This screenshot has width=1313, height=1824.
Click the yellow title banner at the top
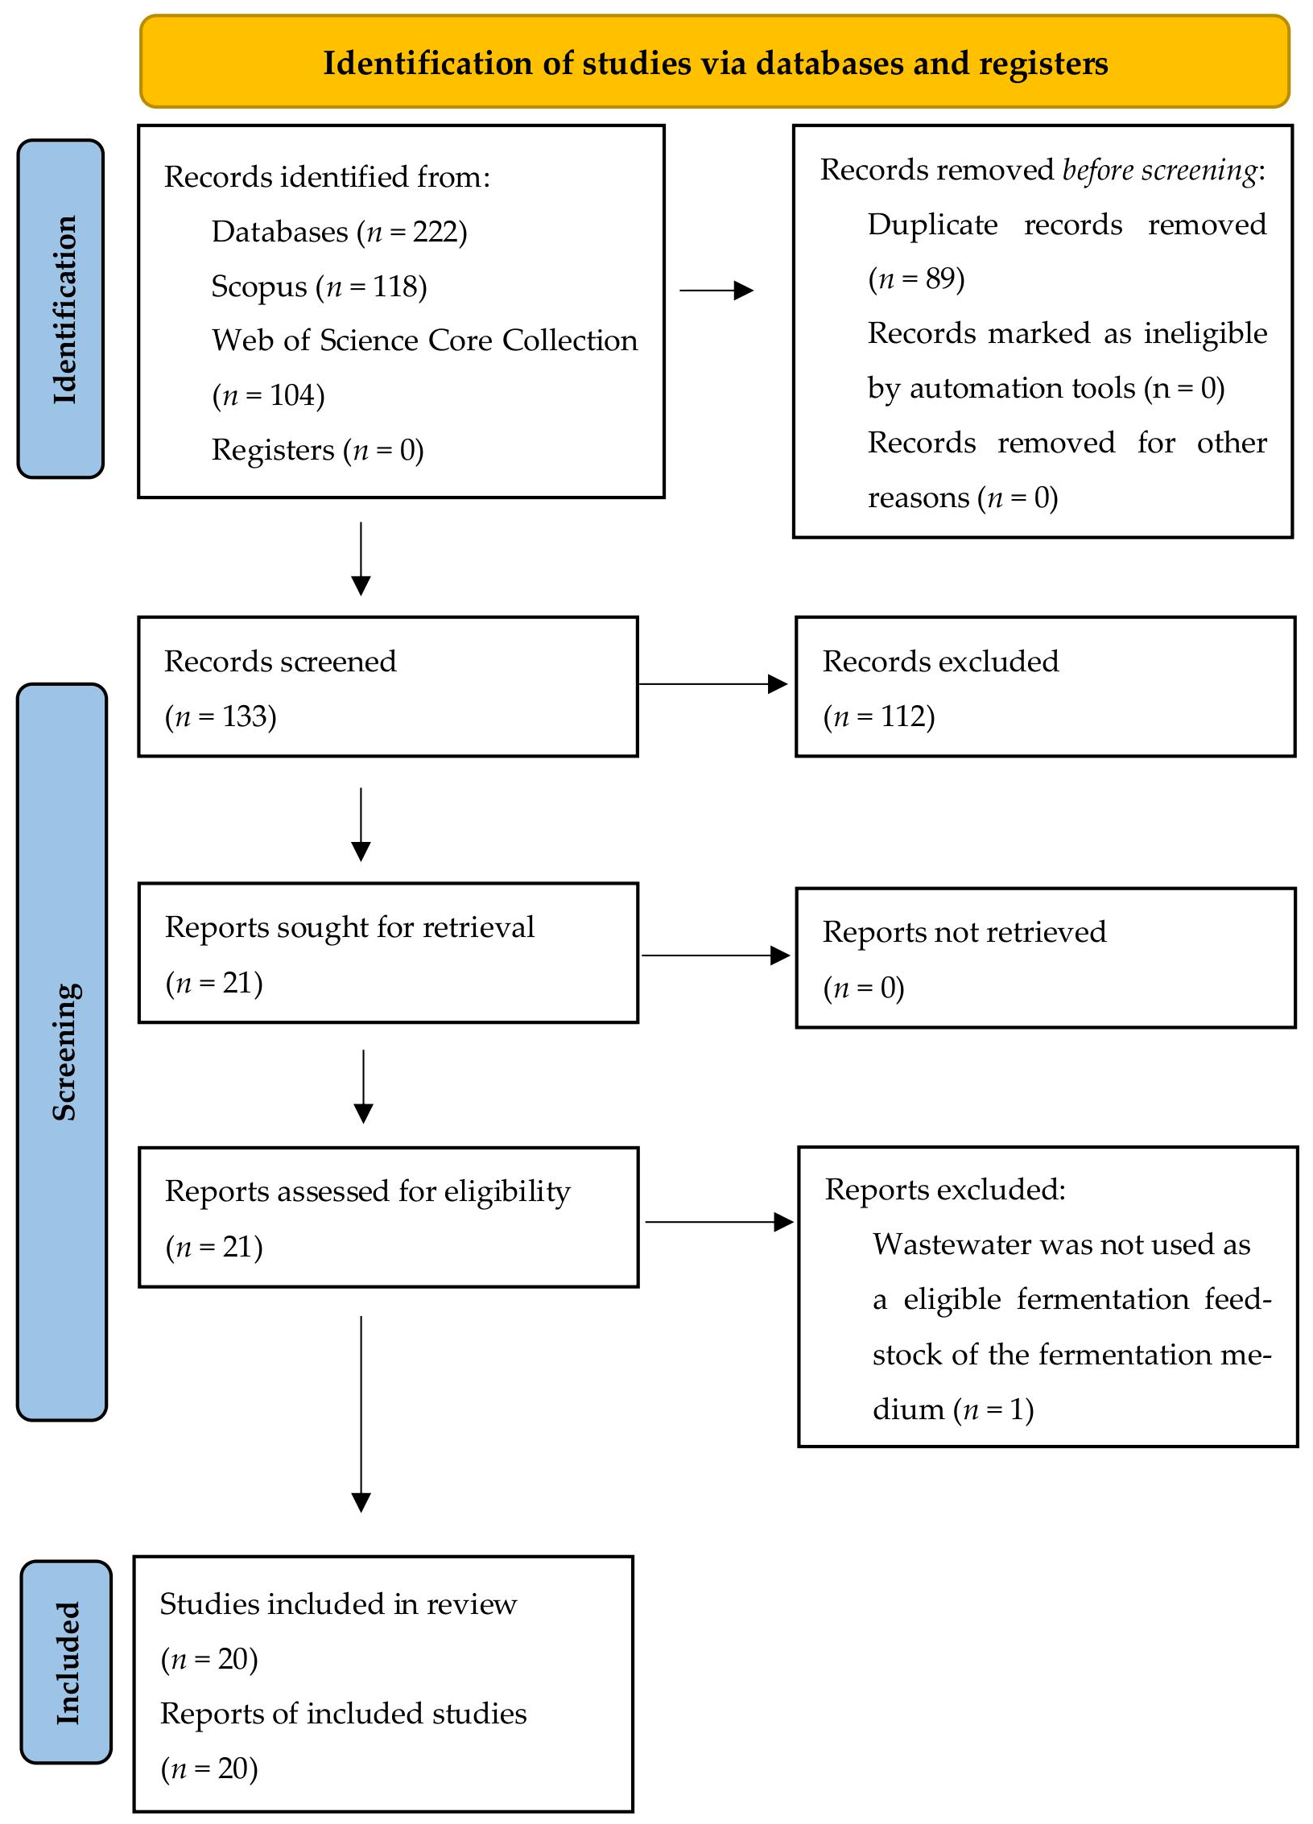(715, 61)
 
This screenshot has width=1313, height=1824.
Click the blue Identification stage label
(61, 308)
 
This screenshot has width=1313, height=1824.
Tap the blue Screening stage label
(62, 1051)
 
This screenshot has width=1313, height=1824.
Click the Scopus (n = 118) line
(319, 287)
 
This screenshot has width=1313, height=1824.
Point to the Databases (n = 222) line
(339, 232)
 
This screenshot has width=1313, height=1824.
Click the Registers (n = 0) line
(317, 450)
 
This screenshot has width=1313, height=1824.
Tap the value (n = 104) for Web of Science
(268, 395)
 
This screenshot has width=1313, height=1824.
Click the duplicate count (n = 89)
(916, 279)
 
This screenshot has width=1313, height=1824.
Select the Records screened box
(388, 687)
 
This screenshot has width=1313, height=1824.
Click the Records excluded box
(1046, 687)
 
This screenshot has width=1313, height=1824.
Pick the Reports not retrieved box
(1046, 958)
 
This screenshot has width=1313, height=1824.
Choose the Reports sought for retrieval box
(388, 953)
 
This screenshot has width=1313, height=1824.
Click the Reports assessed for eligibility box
(388, 1217)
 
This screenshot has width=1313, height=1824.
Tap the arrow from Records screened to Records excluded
(713, 684)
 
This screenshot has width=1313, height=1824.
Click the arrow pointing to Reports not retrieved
(716, 955)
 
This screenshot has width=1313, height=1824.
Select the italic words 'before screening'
(1160, 170)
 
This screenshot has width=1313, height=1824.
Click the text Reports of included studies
(344, 1714)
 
